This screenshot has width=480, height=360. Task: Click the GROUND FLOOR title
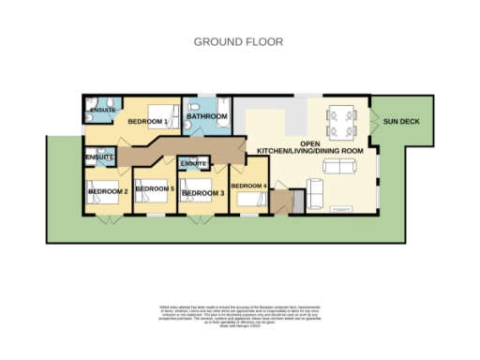click(x=237, y=41)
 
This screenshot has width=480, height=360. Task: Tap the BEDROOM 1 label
click(x=147, y=121)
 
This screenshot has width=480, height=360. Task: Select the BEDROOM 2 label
click(x=107, y=192)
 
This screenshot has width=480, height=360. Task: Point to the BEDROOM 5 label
click(x=155, y=189)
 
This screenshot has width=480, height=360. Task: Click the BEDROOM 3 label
click(x=202, y=193)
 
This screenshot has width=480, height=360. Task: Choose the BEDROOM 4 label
click(x=249, y=186)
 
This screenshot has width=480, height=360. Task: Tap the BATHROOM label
click(x=207, y=116)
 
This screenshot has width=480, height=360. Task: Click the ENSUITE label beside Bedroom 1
click(x=101, y=111)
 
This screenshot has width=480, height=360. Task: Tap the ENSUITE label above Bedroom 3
click(x=194, y=164)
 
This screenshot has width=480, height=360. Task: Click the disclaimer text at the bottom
click(x=239, y=316)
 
